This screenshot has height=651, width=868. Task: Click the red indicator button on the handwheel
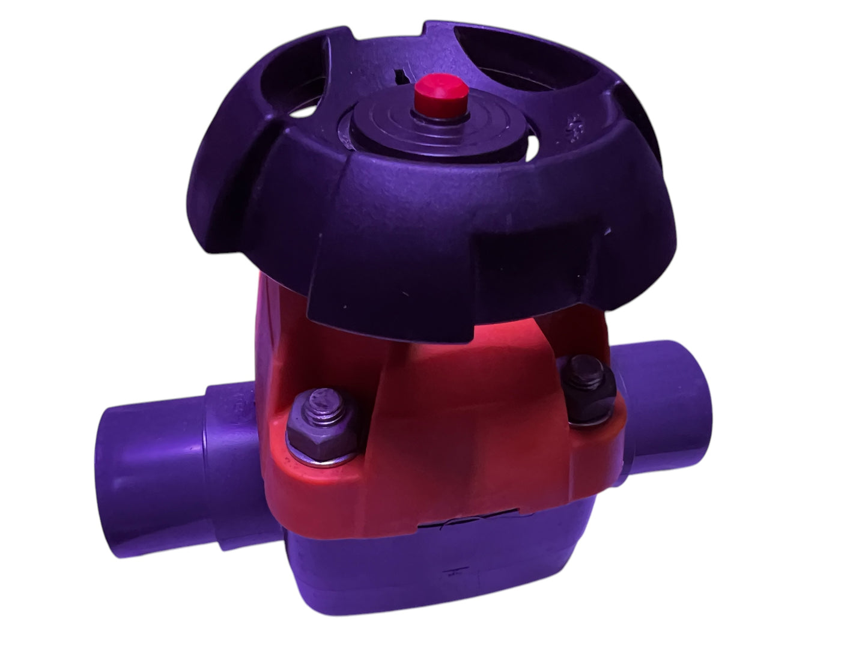440,97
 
